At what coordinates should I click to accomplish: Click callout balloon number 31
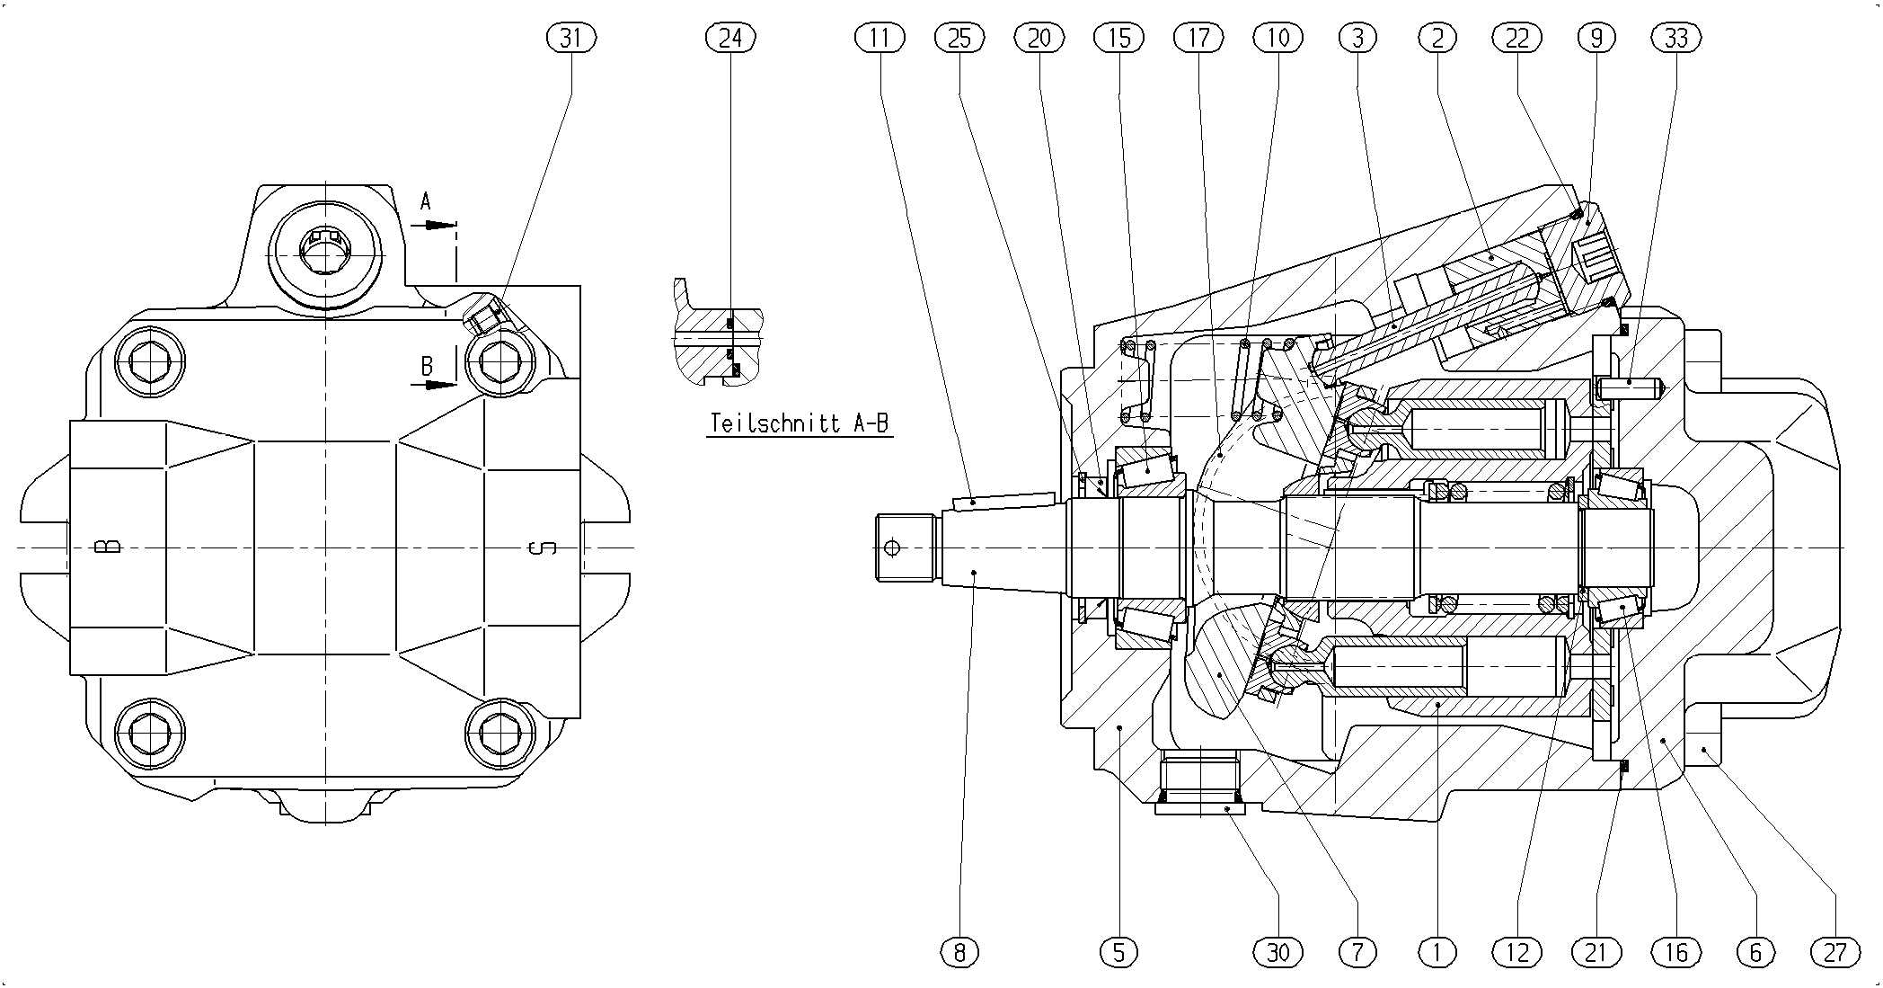[570, 38]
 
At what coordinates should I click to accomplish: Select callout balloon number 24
[730, 38]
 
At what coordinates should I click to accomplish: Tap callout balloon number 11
[880, 38]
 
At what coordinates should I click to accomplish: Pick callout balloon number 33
[1676, 38]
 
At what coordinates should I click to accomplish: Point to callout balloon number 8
[959, 952]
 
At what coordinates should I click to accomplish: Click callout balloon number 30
[1278, 952]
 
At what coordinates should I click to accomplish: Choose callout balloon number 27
[1835, 952]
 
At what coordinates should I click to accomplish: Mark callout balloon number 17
[1198, 38]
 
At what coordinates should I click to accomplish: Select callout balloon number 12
[1517, 952]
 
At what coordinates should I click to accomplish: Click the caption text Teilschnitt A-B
[800, 423]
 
